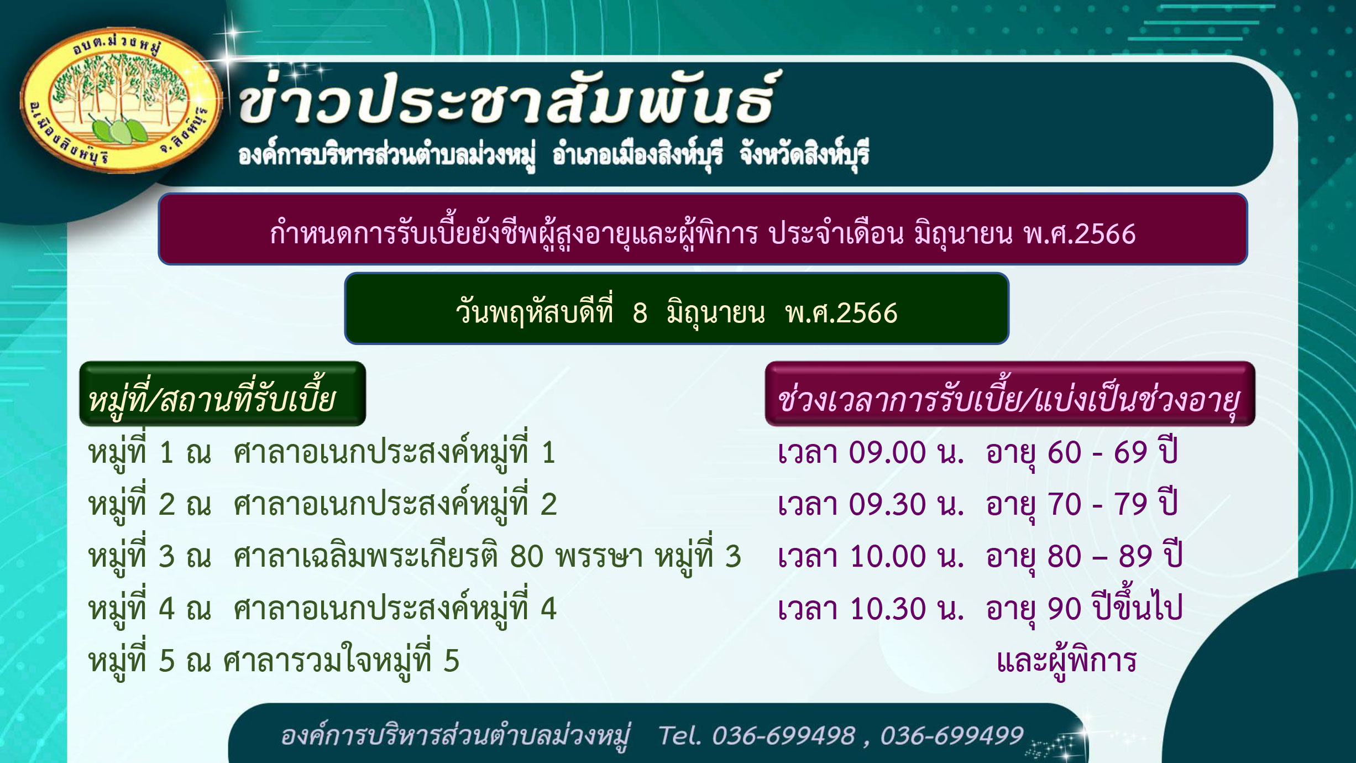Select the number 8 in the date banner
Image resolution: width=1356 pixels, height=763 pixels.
(640, 313)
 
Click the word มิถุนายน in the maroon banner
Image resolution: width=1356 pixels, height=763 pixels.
(963, 234)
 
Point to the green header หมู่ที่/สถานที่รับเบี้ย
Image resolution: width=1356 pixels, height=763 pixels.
(223, 394)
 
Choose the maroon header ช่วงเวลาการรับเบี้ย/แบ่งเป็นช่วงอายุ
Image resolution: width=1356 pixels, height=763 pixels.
(1010, 394)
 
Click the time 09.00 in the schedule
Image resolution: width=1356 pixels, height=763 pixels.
(887, 453)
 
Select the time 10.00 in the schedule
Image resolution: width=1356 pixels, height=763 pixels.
(888, 556)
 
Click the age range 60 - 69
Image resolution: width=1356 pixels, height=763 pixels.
(1097, 453)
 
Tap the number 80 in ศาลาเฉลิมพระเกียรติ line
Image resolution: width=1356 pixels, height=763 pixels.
(527, 556)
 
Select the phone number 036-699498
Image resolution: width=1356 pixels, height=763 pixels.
(783, 736)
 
